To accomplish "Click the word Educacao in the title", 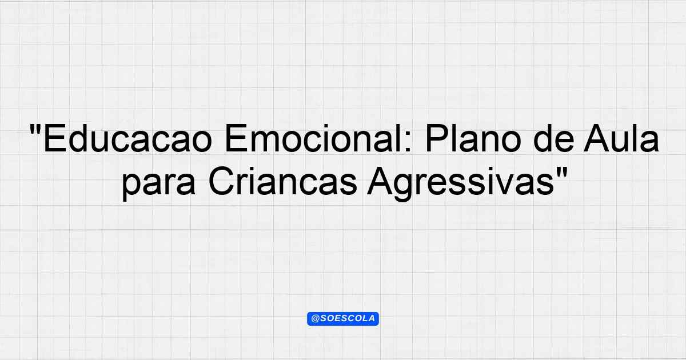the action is [128, 138].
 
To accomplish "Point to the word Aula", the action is [621, 138].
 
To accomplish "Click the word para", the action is [159, 182].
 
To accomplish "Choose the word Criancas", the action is [283, 181].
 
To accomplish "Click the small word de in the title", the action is [554, 138].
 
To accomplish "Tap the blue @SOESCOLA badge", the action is [343, 319].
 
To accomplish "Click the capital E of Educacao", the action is [54, 138].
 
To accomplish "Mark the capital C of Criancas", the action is [221, 181].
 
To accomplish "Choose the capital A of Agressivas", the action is [381, 181].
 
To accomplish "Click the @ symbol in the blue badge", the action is [316, 319].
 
